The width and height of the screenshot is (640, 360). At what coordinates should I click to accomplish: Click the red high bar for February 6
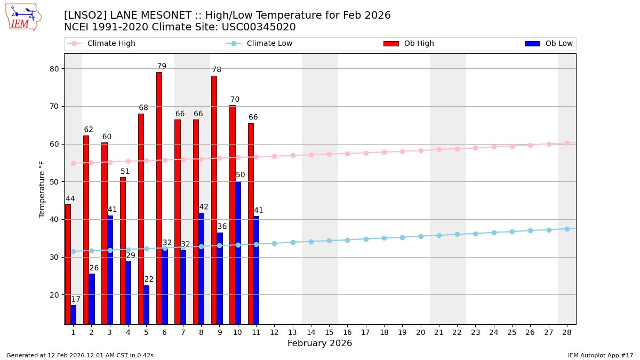[x=159, y=198]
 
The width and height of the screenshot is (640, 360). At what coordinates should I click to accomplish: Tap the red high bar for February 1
[x=68, y=264]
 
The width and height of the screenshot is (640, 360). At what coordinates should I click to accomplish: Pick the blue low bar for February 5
[x=147, y=305]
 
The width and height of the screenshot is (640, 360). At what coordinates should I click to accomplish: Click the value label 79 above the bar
[x=162, y=67]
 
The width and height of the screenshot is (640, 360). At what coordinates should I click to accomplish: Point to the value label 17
[x=76, y=299]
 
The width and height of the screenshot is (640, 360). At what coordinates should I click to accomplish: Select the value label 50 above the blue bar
[x=241, y=175]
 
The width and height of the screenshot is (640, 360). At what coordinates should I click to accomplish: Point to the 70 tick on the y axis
[x=55, y=106]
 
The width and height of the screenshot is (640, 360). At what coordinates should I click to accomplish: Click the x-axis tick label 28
[x=567, y=332]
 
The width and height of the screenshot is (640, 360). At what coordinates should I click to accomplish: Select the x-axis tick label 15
[x=329, y=332]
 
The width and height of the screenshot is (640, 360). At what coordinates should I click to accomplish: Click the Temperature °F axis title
[x=42, y=189]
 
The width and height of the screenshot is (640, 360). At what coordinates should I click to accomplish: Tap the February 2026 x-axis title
[x=319, y=343]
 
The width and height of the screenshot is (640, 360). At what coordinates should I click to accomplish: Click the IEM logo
[x=23, y=17]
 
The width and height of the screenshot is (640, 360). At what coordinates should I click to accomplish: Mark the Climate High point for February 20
[x=421, y=150]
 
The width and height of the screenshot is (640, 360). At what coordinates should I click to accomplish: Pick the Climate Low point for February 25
[x=512, y=231]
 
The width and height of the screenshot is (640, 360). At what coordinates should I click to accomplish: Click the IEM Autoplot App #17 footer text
[x=600, y=355]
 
